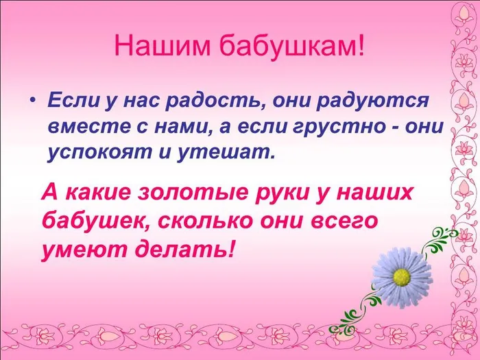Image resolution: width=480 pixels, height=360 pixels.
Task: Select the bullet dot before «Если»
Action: [x=32, y=102]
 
